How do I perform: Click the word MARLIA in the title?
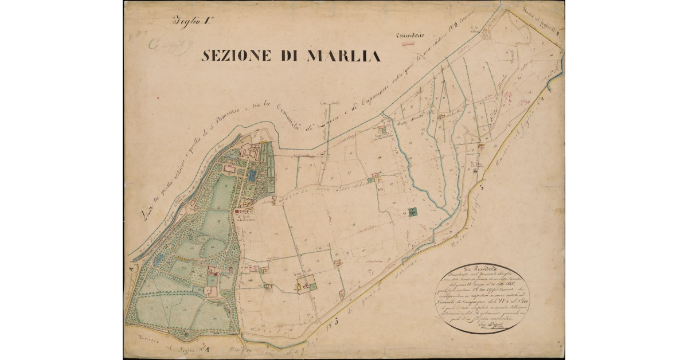[344, 56]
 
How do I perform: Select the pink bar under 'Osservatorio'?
[408, 44]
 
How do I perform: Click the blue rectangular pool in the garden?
[253, 174]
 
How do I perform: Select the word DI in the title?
[292, 56]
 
